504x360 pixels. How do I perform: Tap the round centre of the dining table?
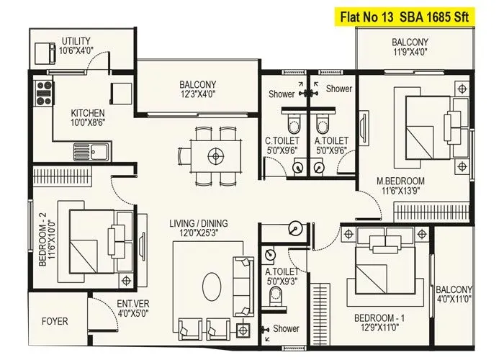click(x=214, y=153)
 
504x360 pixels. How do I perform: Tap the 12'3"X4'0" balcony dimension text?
click(x=199, y=94)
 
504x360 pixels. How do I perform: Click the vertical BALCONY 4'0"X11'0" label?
click(x=454, y=294)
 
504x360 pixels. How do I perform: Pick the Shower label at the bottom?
click(x=287, y=328)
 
